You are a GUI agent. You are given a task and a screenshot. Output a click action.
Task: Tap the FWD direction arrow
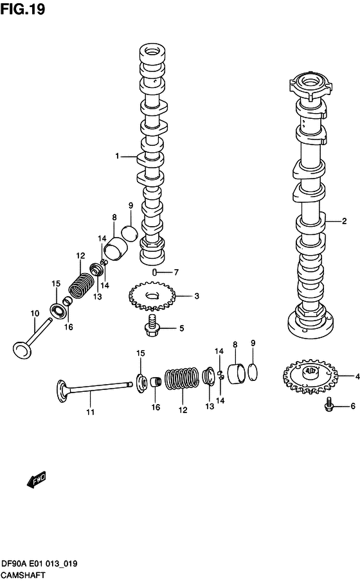coord(37,479)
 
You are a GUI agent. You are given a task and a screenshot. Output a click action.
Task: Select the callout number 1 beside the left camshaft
coord(118,156)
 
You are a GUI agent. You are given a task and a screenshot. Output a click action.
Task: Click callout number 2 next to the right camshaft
coord(344,222)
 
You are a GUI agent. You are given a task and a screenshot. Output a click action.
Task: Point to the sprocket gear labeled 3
coord(152,296)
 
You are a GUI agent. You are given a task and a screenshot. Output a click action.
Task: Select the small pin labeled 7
coord(155,272)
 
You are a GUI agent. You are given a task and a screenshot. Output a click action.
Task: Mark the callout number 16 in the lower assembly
coord(155,408)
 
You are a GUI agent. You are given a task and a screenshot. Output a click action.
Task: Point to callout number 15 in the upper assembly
coord(56,283)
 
